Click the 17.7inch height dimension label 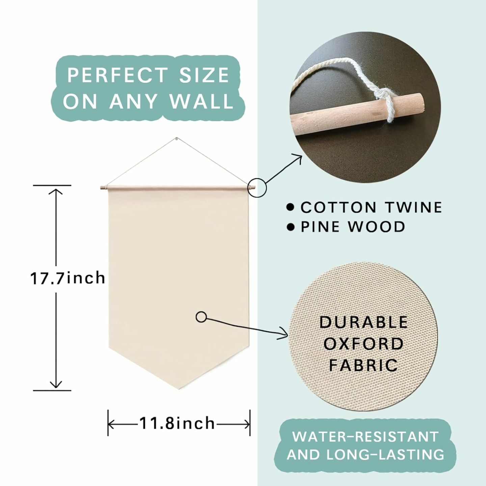[67, 278]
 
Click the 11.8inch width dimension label [177, 423]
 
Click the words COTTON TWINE [371, 207]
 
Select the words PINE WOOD [353, 227]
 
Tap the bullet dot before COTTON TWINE [291, 207]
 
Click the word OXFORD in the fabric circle [363, 343]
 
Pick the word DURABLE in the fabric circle [363, 322]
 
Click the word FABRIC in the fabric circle [363, 365]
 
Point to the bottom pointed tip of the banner [179, 389]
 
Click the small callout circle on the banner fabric [201, 317]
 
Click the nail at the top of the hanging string [176, 138]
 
